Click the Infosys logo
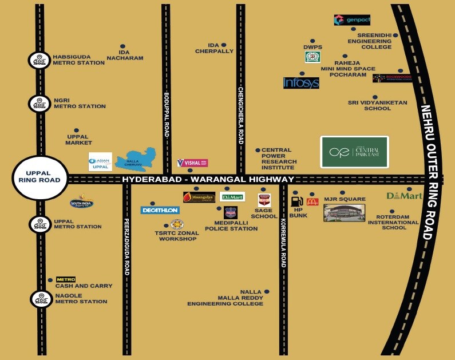(301, 82)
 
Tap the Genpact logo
(352, 20)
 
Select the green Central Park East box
(354, 152)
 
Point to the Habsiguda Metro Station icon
(38, 60)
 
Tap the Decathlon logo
(160, 210)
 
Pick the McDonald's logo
(312, 201)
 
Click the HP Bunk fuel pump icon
(296, 201)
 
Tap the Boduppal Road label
(167, 114)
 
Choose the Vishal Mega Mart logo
(192, 163)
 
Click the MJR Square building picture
(344, 212)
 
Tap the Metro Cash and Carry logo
(65, 279)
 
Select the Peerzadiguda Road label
(126, 246)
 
